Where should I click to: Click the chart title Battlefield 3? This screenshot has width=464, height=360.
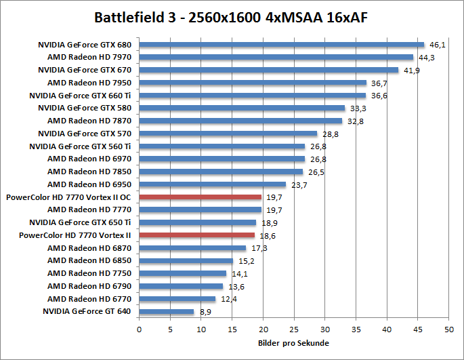coord(232,16)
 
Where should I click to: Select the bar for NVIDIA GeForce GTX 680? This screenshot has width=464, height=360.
coord(281,45)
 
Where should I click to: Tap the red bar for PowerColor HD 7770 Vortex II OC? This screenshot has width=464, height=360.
coord(200,197)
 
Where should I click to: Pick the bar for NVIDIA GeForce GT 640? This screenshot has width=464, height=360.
coord(167,312)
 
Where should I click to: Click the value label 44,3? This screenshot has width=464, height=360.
coord(427,58)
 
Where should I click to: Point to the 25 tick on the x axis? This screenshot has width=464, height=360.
coord(294,329)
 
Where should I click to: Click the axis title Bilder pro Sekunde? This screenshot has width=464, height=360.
coord(293,343)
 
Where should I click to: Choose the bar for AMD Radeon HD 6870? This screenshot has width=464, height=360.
coord(192,248)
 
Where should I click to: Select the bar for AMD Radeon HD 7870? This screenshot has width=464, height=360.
coord(240,121)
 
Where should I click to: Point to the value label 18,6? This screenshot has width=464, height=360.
coord(268,235)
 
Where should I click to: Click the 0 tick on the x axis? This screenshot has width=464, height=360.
coord(139,329)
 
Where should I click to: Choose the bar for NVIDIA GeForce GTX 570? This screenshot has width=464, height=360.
coord(228,134)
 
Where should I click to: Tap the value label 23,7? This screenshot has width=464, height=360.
coord(299,184)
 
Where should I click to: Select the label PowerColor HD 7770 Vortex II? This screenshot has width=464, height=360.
coord(68,235)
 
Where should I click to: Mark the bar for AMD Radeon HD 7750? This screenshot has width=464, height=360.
coord(183,273)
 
